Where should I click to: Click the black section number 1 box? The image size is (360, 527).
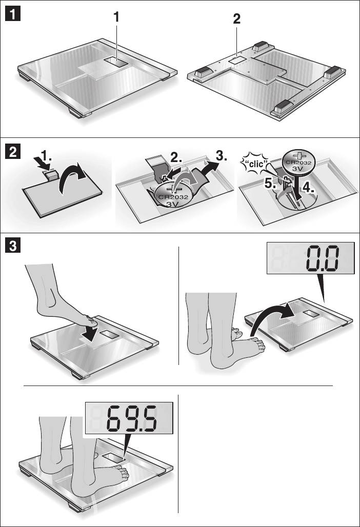pyautogui.click(x=13, y=14)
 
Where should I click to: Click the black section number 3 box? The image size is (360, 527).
pyautogui.click(x=13, y=246)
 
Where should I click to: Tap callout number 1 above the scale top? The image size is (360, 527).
pyautogui.click(x=116, y=17)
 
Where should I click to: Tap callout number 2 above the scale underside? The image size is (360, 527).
pyautogui.click(x=236, y=19)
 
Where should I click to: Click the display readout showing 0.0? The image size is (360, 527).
pyautogui.click(x=322, y=258)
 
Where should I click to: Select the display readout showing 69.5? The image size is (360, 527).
pyautogui.click(x=132, y=418)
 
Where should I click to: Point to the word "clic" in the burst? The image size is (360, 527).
pyautogui.click(x=256, y=165)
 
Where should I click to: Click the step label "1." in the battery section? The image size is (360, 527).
pyautogui.click(x=46, y=156)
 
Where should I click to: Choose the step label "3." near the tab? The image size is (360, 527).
pyautogui.click(x=221, y=156)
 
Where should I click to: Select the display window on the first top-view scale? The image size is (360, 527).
pyautogui.click(x=116, y=62)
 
